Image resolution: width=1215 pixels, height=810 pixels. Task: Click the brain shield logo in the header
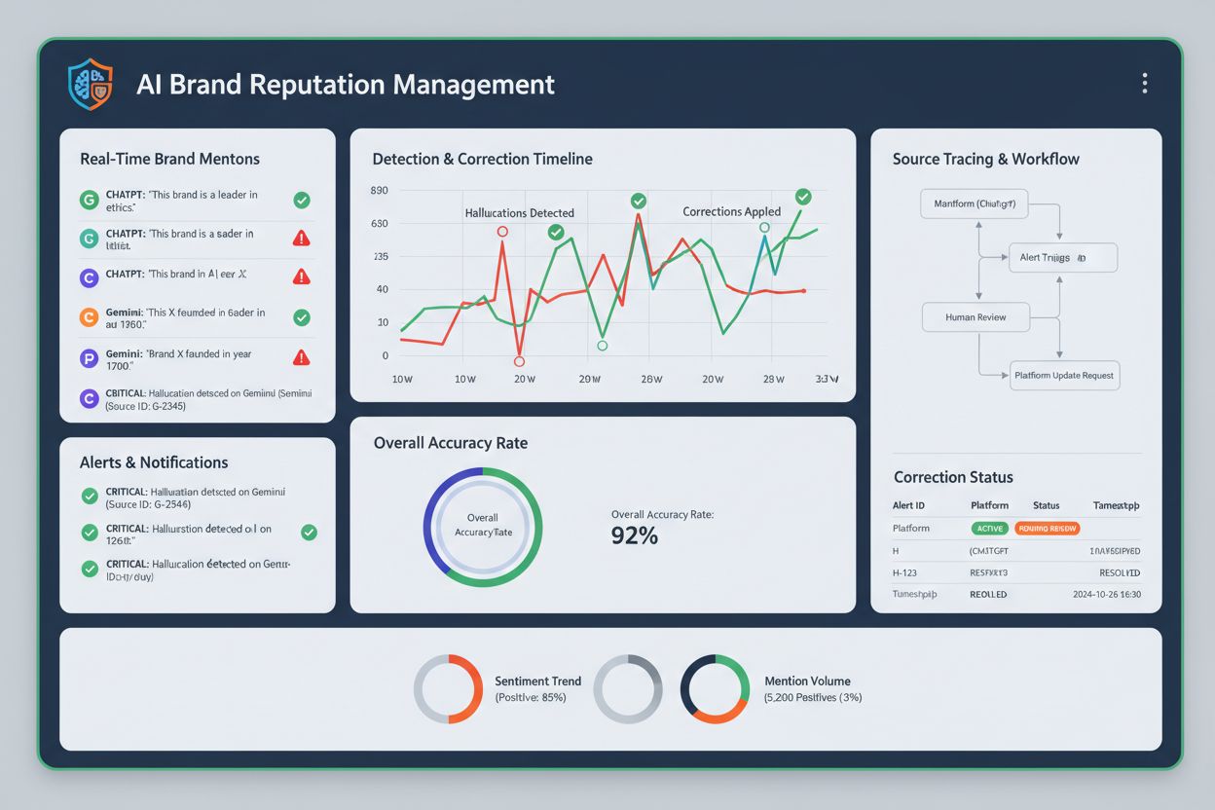click(x=90, y=84)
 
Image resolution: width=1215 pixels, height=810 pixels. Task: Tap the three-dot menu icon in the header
click(x=1145, y=84)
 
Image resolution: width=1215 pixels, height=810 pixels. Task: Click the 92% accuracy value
click(x=635, y=534)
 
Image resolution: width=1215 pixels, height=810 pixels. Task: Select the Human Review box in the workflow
click(x=976, y=317)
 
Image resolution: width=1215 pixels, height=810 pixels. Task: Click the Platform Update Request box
click(x=1064, y=375)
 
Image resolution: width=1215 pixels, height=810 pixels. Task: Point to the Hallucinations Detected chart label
click(x=519, y=212)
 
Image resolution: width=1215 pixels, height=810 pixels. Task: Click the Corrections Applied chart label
click(x=731, y=211)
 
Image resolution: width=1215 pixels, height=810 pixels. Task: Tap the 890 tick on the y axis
click(x=380, y=191)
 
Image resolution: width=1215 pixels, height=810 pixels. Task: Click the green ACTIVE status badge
click(x=989, y=528)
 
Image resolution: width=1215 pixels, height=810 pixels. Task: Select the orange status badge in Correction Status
click(x=1047, y=528)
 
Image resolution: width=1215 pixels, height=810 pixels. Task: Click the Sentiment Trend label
click(x=537, y=681)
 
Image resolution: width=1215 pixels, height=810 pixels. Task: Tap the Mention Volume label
click(x=807, y=681)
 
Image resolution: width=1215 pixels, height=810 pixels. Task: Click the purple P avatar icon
click(x=90, y=357)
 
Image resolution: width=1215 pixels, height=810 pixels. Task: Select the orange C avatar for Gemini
click(x=90, y=317)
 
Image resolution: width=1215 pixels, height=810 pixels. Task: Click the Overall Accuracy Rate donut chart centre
click(x=483, y=526)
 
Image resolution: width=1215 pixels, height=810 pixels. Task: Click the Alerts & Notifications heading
click(x=154, y=462)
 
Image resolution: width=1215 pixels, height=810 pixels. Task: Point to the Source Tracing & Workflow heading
click(x=985, y=159)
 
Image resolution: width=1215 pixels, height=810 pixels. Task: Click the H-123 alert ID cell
click(x=906, y=572)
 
